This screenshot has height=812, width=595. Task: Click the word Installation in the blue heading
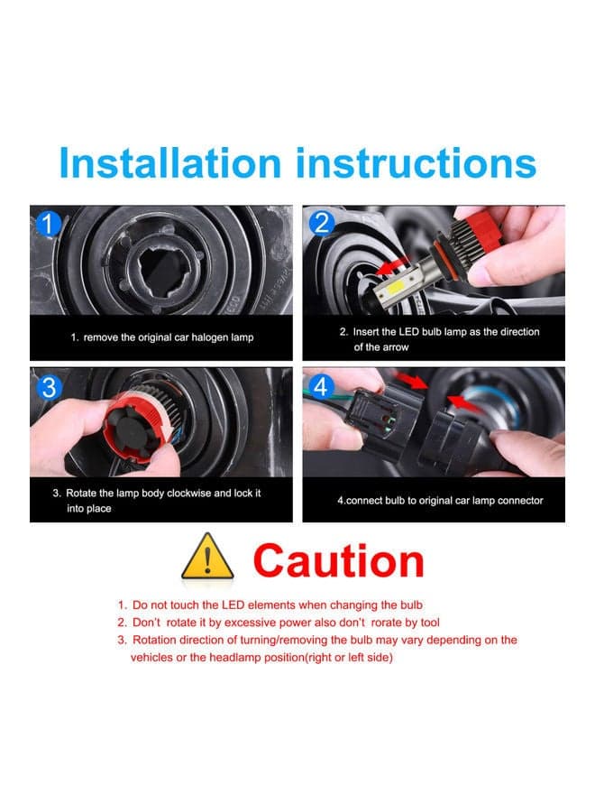(x=170, y=163)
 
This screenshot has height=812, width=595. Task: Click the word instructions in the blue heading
(x=416, y=163)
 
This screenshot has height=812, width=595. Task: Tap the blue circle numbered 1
(x=48, y=224)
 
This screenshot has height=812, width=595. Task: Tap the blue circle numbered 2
(x=321, y=224)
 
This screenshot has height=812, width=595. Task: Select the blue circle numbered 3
(x=48, y=387)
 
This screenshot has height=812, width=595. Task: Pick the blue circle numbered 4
(x=321, y=387)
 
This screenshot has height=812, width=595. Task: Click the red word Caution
(x=339, y=561)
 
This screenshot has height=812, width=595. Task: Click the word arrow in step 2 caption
(x=396, y=347)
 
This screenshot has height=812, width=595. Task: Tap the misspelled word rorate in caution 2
(x=387, y=623)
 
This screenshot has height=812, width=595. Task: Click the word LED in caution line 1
(x=233, y=604)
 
